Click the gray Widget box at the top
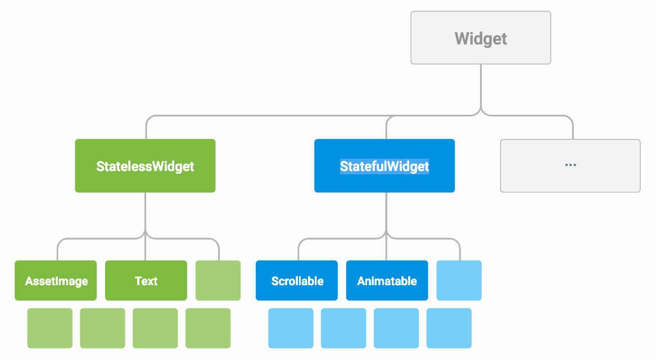481,38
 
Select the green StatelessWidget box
145,166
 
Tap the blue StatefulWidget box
384,166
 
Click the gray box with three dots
570,166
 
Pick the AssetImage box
56,280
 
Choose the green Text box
146,280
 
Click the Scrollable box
297,280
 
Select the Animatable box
387,280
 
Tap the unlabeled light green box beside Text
218,280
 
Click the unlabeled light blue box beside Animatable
459,280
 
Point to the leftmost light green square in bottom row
50,328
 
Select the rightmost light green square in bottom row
208,328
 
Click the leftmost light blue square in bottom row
291,328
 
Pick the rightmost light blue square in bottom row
449,328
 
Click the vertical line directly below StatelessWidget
146,211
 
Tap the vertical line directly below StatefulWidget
386,211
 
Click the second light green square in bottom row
102,328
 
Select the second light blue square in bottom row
343,328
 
